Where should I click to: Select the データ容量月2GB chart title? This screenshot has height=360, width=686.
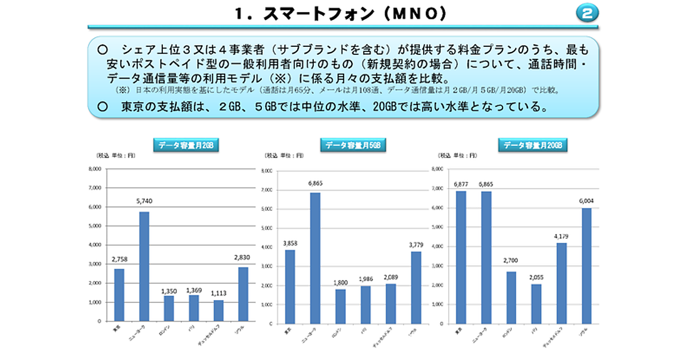186,145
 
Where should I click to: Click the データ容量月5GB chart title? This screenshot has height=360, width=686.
353,145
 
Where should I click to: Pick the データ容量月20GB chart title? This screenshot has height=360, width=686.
532,145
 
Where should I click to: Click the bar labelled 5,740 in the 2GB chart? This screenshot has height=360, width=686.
144,266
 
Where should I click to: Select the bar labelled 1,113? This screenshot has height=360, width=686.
219,310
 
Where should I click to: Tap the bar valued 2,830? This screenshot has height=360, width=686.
244,294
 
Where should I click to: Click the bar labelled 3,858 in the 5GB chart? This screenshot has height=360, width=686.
290,286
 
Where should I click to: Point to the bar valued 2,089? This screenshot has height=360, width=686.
390,303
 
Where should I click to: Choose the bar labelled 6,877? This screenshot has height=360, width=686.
461,257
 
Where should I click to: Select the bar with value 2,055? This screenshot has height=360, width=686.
536,303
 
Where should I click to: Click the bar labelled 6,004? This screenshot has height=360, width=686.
587,266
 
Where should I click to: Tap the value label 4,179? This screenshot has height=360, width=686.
561,236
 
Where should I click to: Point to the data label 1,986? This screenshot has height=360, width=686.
365,279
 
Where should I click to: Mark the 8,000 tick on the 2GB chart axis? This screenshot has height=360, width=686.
94,169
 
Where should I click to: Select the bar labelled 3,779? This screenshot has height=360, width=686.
416,287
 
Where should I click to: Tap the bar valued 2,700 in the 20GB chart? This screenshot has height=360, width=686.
511,297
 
